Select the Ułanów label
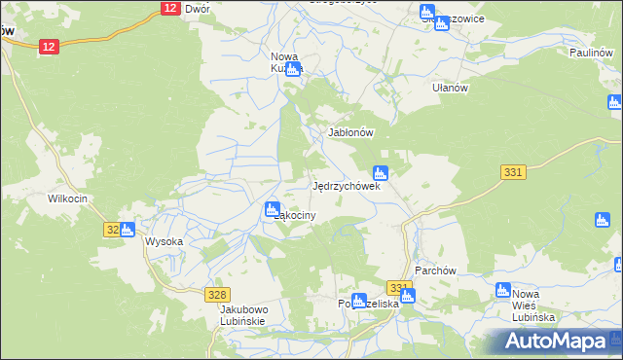[x=451, y=87]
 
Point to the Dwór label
[x=198, y=8]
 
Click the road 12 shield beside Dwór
[x=169, y=8]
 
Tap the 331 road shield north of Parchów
[x=514, y=171]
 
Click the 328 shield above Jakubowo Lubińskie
[x=218, y=294]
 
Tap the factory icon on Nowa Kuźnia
[x=294, y=69]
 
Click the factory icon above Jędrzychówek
[x=382, y=173]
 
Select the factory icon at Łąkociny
[x=273, y=209]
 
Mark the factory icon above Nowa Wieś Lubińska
[x=503, y=290]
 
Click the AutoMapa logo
[x=556, y=342]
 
